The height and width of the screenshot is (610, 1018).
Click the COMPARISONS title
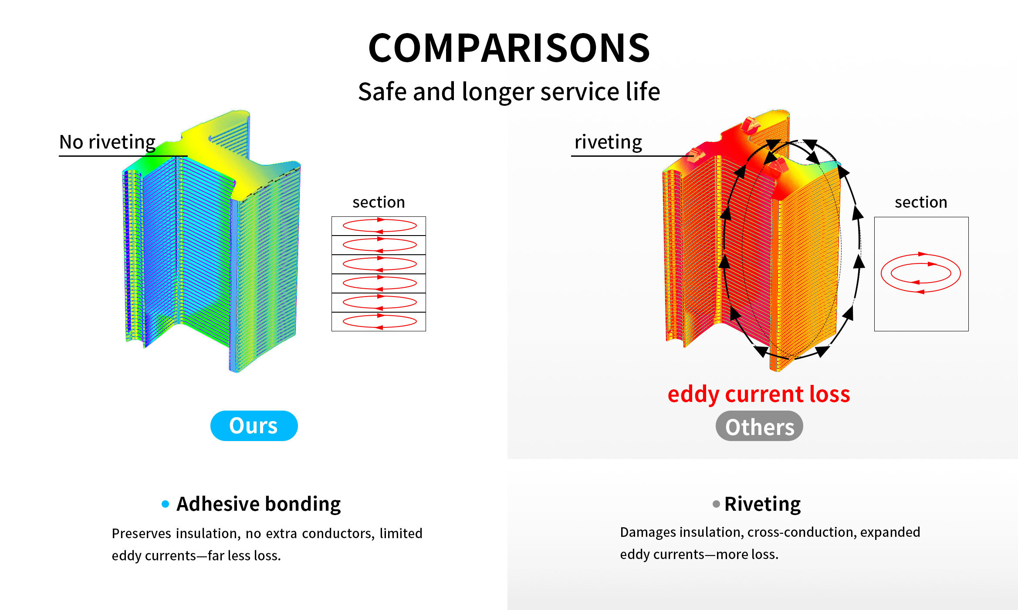click(x=509, y=48)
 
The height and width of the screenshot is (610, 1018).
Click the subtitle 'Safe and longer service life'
click(x=509, y=92)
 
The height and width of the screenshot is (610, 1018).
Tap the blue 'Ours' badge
click(x=254, y=425)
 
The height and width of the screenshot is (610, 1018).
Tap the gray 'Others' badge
click(x=759, y=426)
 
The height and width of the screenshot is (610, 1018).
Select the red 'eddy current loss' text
click(x=759, y=394)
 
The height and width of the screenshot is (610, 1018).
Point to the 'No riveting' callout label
click(x=107, y=142)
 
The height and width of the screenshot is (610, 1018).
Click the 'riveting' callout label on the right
click(x=608, y=142)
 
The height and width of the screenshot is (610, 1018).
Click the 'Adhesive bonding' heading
click(x=259, y=504)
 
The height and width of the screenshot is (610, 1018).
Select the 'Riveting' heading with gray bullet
click(x=762, y=504)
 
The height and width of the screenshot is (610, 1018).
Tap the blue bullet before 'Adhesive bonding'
click(x=165, y=504)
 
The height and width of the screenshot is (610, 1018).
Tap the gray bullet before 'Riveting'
click(x=716, y=504)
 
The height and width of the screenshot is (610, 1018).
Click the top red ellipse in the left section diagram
click(x=379, y=220)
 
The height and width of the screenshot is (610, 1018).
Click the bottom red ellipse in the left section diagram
click(x=379, y=316)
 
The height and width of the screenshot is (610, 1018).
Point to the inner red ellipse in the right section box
click(x=921, y=264)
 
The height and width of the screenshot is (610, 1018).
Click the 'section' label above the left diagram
click(x=379, y=202)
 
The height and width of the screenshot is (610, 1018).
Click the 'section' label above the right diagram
click(x=921, y=202)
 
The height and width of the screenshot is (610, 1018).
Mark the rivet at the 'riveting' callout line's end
click(x=695, y=155)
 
